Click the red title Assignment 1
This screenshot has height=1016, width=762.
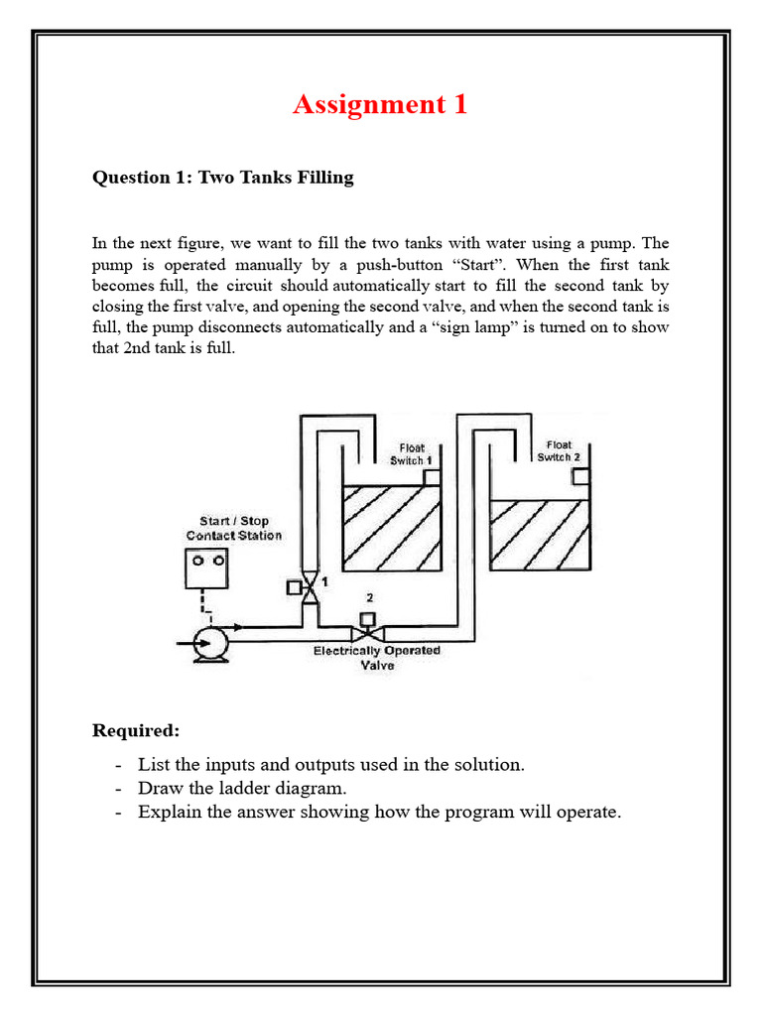(x=380, y=104)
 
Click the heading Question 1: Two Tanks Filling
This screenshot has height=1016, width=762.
(x=222, y=178)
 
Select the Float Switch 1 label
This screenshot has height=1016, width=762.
(x=411, y=454)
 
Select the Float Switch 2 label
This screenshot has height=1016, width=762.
(x=559, y=451)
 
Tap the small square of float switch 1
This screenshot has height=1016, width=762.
(x=432, y=477)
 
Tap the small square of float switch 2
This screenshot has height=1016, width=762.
(x=580, y=476)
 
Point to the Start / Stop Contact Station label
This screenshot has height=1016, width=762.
(x=234, y=528)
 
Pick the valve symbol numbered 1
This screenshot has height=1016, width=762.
(x=311, y=588)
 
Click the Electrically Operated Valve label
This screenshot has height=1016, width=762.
(x=377, y=659)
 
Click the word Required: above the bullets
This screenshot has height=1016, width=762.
(x=136, y=731)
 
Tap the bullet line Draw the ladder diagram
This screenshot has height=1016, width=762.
(x=243, y=788)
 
